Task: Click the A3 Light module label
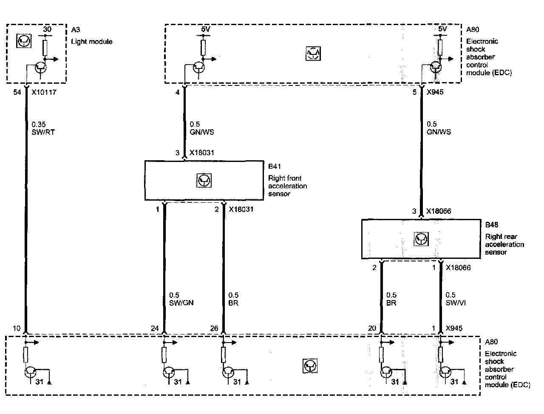click(x=91, y=37)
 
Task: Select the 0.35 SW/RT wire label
click(x=43, y=128)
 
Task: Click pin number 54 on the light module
click(x=17, y=92)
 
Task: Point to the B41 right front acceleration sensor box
click(x=204, y=180)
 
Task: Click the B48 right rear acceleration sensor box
click(x=421, y=239)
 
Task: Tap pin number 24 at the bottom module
click(x=155, y=328)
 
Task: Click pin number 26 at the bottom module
click(x=214, y=328)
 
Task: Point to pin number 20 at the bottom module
click(x=372, y=328)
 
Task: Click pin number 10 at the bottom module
click(x=16, y=328)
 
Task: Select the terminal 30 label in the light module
click(x=48, y=30)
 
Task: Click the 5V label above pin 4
click(x=205, y=30)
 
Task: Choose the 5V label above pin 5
click(x=442, y=29)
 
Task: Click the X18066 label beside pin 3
click(x=439, y=211)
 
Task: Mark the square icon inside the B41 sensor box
click(x=204, y=181)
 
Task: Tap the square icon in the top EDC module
click(x=313, y=53)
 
